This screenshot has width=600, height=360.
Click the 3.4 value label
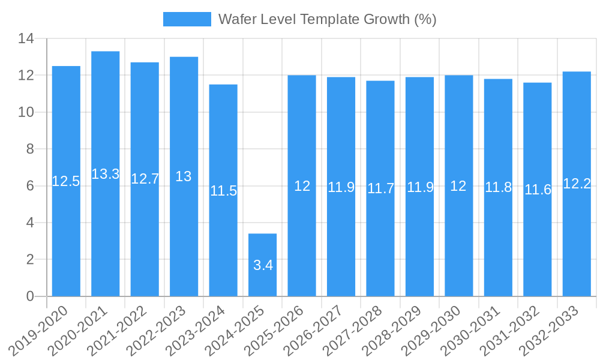coord(263,265)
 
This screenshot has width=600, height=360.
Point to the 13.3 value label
coord(106,174)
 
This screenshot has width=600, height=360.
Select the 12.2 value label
coord(577,184)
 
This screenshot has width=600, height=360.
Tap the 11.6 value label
coord(538,190)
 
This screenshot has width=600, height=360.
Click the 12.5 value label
coord(66,181)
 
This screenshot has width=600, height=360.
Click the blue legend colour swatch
coord(187,19)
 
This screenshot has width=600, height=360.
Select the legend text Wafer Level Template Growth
coord(327,19)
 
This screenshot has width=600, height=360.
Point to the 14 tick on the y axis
coord(26,39)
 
